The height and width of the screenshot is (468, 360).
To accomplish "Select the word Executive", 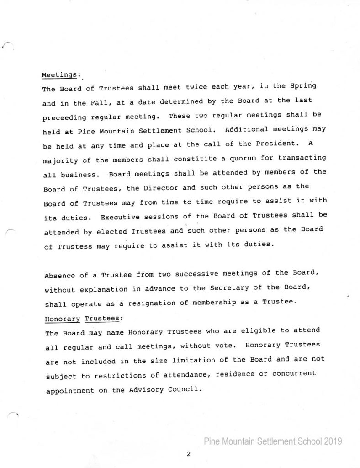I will (120, 217).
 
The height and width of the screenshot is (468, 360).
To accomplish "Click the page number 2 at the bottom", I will (188, 454).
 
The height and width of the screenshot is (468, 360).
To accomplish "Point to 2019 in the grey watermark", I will (330, 441).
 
